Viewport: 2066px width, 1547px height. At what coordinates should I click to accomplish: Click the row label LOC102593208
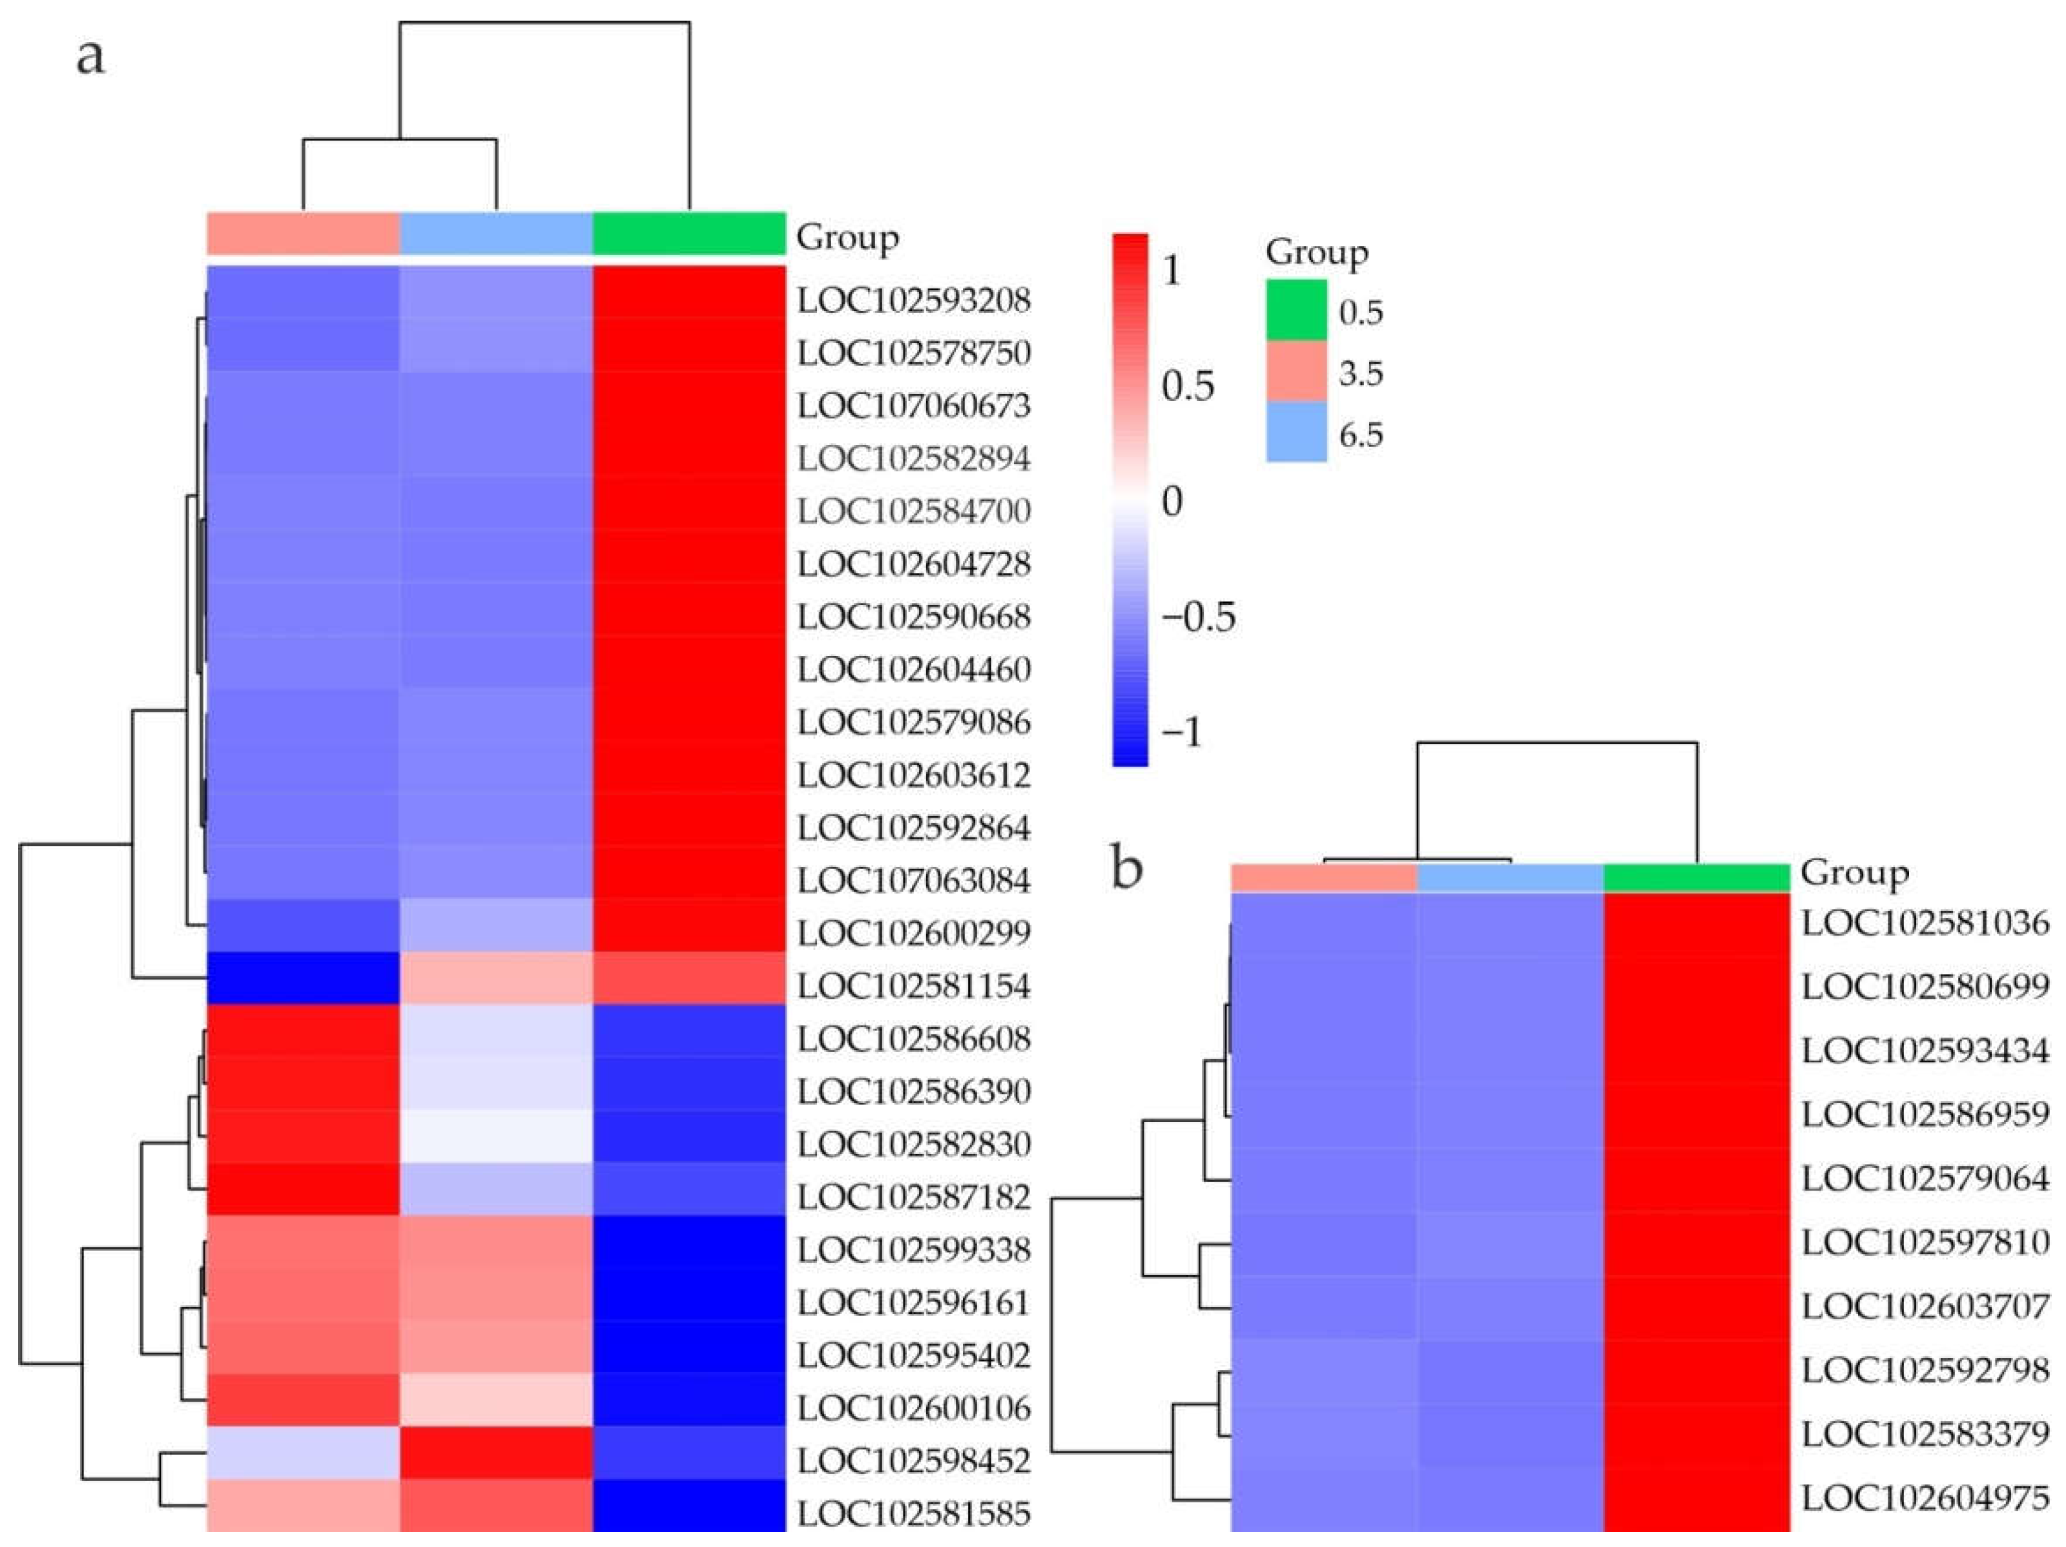pyautogui.click(x=913, y=301)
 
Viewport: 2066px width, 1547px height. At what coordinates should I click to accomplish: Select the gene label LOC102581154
pyautogui.click(x=913, y=986)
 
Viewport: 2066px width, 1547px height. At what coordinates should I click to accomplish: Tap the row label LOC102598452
pyautogui.click(x=913, y=1460)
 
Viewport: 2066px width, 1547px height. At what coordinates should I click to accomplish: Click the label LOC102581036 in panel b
pyautogui.click(x=1924, y=923)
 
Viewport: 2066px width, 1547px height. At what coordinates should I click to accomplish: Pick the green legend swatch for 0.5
pyautogui.click(x=1296, y=310)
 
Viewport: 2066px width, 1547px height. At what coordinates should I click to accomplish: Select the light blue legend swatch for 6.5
pyautogui.click(x=1296, y=432)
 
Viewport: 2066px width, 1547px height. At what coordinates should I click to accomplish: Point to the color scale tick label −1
pyautogui.click(x=1181, y=731)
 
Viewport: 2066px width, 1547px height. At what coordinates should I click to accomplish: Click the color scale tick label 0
pyautogui.click(x=1172, y=501)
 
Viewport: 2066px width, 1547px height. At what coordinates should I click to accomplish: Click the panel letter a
pyautogui.click(x=90, y=56)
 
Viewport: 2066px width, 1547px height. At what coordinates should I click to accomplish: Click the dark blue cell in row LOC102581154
pyautogui.click(x=303, y=978)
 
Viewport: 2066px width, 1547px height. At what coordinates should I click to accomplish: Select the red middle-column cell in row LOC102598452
pyautogui.click(x=496, y=1453)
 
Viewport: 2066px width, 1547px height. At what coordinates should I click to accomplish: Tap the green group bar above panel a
pyautogui.click(x=688, y=233)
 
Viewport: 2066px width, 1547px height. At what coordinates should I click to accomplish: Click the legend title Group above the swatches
pyautogui.click(x=1317, y=252)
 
